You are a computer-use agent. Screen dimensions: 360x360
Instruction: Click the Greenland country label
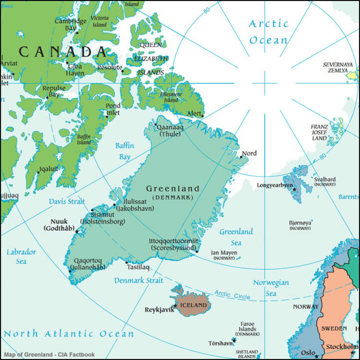pyautogui.click(x=172, y=189)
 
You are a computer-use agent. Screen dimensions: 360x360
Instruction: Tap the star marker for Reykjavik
pyautogui.click(x=174, y=305)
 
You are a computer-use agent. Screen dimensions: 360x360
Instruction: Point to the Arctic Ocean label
pyautogui.click(x=268, y=31)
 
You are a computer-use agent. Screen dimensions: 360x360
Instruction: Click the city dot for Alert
pyautogui.click(x=202, y=116)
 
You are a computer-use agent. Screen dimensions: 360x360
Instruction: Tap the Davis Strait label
pyautogui.click(x=66, y=201)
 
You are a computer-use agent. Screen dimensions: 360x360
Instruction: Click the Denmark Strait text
pyautogui.click(x=138, y=280)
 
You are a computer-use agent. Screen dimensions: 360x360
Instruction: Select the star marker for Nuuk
pyautogui.click(x=76, y=231)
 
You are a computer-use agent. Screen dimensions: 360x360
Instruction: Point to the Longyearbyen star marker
pyautogui.click(x=294, y=189)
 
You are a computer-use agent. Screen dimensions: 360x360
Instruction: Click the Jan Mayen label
pyautogui.click(x=223, y=252)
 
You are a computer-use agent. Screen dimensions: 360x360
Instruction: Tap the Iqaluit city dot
pyautogui.click(x=38, y=172)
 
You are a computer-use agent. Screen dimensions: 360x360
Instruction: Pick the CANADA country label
pyautogui.click(x=62, y=51)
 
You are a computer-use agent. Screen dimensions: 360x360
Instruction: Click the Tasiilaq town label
pyautogui.click(x=138, y=267)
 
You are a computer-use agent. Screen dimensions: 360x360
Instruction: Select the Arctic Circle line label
pyautogui.click(x=232, y=294)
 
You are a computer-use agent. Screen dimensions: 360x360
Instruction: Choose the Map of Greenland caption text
pyautogui.click(x=48, y=354)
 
